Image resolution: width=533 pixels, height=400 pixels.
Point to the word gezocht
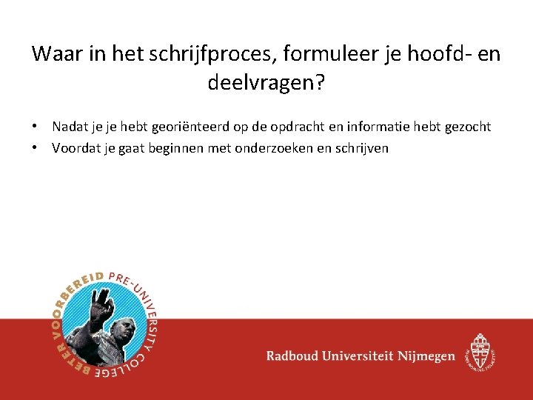click(466, 127)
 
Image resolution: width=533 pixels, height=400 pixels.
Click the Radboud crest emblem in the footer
click(481, 351)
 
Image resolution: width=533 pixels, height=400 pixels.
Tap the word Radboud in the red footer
click(295, 356)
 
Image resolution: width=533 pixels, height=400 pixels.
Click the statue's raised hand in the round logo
click(99, 299)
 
